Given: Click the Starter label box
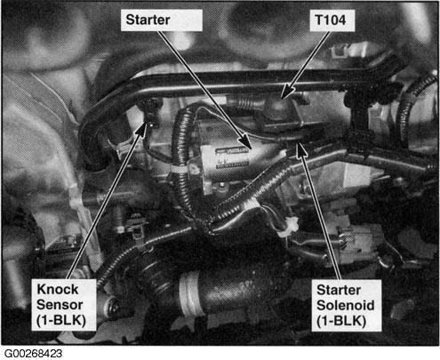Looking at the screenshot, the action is [162, 20].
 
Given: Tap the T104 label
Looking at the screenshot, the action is [332, 20].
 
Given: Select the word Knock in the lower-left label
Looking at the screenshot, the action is [58, 289].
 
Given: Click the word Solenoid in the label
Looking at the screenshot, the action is [346, 305].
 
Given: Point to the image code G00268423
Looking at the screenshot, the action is [33, 354].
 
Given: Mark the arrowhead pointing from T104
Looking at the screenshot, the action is [285, 92].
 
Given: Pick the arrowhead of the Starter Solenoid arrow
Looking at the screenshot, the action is [300, 149].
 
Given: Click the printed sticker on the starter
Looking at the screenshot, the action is [232, 158].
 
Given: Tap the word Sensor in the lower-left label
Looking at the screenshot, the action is [60, 305].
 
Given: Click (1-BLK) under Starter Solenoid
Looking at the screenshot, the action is [341, 321].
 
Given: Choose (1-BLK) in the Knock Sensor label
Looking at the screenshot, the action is [61, 321].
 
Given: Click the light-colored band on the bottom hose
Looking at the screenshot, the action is [188, 293].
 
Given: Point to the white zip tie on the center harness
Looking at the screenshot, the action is [288, 228].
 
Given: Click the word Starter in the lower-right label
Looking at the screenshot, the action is [339, 290].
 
